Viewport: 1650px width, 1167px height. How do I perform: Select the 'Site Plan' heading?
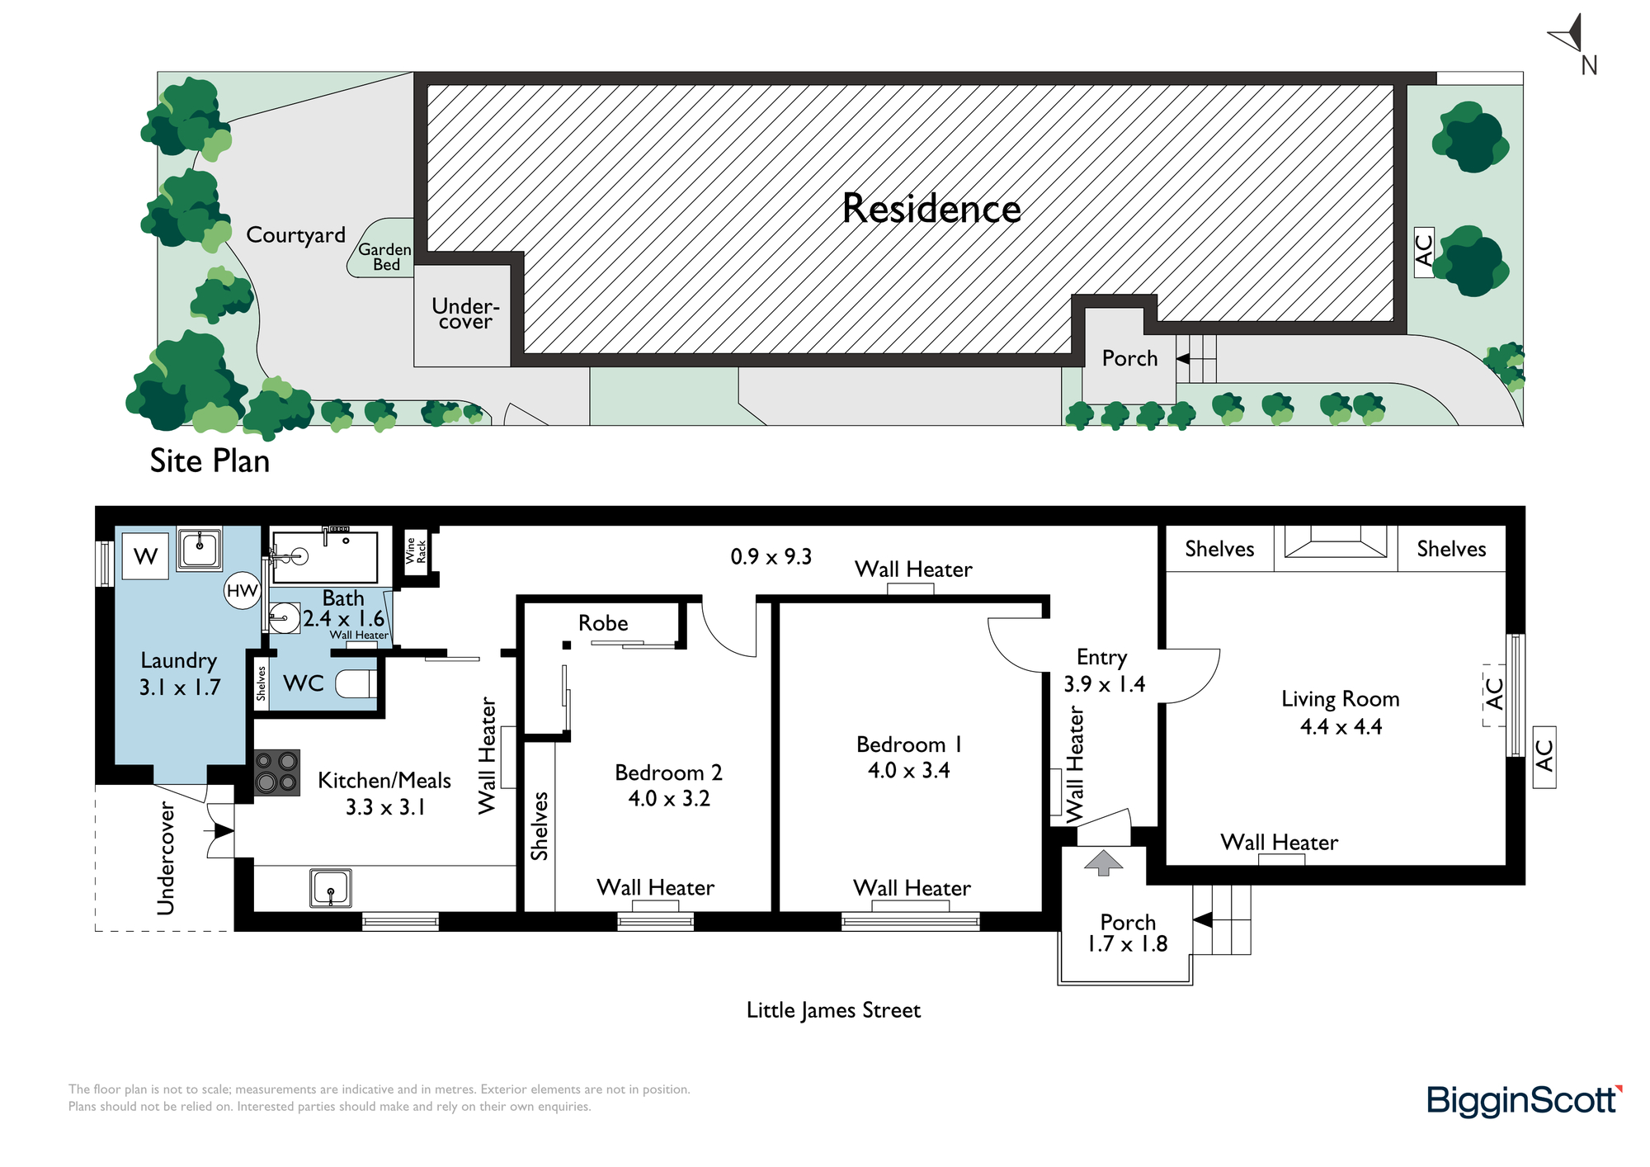click(x=210, y=461)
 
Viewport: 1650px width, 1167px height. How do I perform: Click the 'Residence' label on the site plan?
click(x=931, y=208)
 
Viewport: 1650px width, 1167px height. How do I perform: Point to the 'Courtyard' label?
click(x=295, y=235)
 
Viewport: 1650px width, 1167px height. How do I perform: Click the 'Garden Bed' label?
click(x=385, y=257)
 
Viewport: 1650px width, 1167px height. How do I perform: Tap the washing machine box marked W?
click(x=145, y=556)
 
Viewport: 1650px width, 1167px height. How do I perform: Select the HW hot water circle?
click(x=243, y=591)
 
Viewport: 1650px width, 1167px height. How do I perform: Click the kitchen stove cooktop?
click(x=277, y=772)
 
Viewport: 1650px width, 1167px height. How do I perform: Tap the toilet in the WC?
click(x=357, y=683)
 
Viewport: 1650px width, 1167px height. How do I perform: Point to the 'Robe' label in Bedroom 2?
click(x=603, y=623)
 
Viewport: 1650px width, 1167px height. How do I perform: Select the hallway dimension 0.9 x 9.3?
click(x=771, y=557)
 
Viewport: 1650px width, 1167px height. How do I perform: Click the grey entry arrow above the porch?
click(x=1103, y=862)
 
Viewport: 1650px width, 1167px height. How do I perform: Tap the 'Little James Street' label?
click(x=833, y=1010)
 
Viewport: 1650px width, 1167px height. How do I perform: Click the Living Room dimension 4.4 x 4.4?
click(x=1341, y=727)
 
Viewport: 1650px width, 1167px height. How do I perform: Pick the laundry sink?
click(x=199, y=548)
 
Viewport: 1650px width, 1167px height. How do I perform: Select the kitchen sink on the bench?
click(x=331, y=888)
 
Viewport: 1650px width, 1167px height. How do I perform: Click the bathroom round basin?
click(x=284, y=618)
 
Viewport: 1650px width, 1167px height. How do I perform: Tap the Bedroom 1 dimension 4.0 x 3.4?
click(x=908, y=771)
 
